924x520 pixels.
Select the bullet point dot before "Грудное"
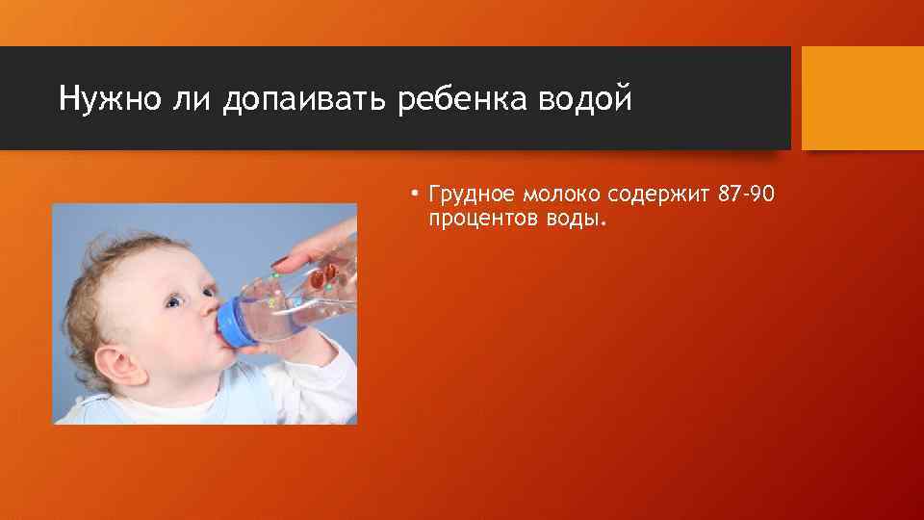tap(410, 196)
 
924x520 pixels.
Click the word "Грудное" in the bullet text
tap(467, 196)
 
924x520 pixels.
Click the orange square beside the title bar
tap(862, 98)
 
